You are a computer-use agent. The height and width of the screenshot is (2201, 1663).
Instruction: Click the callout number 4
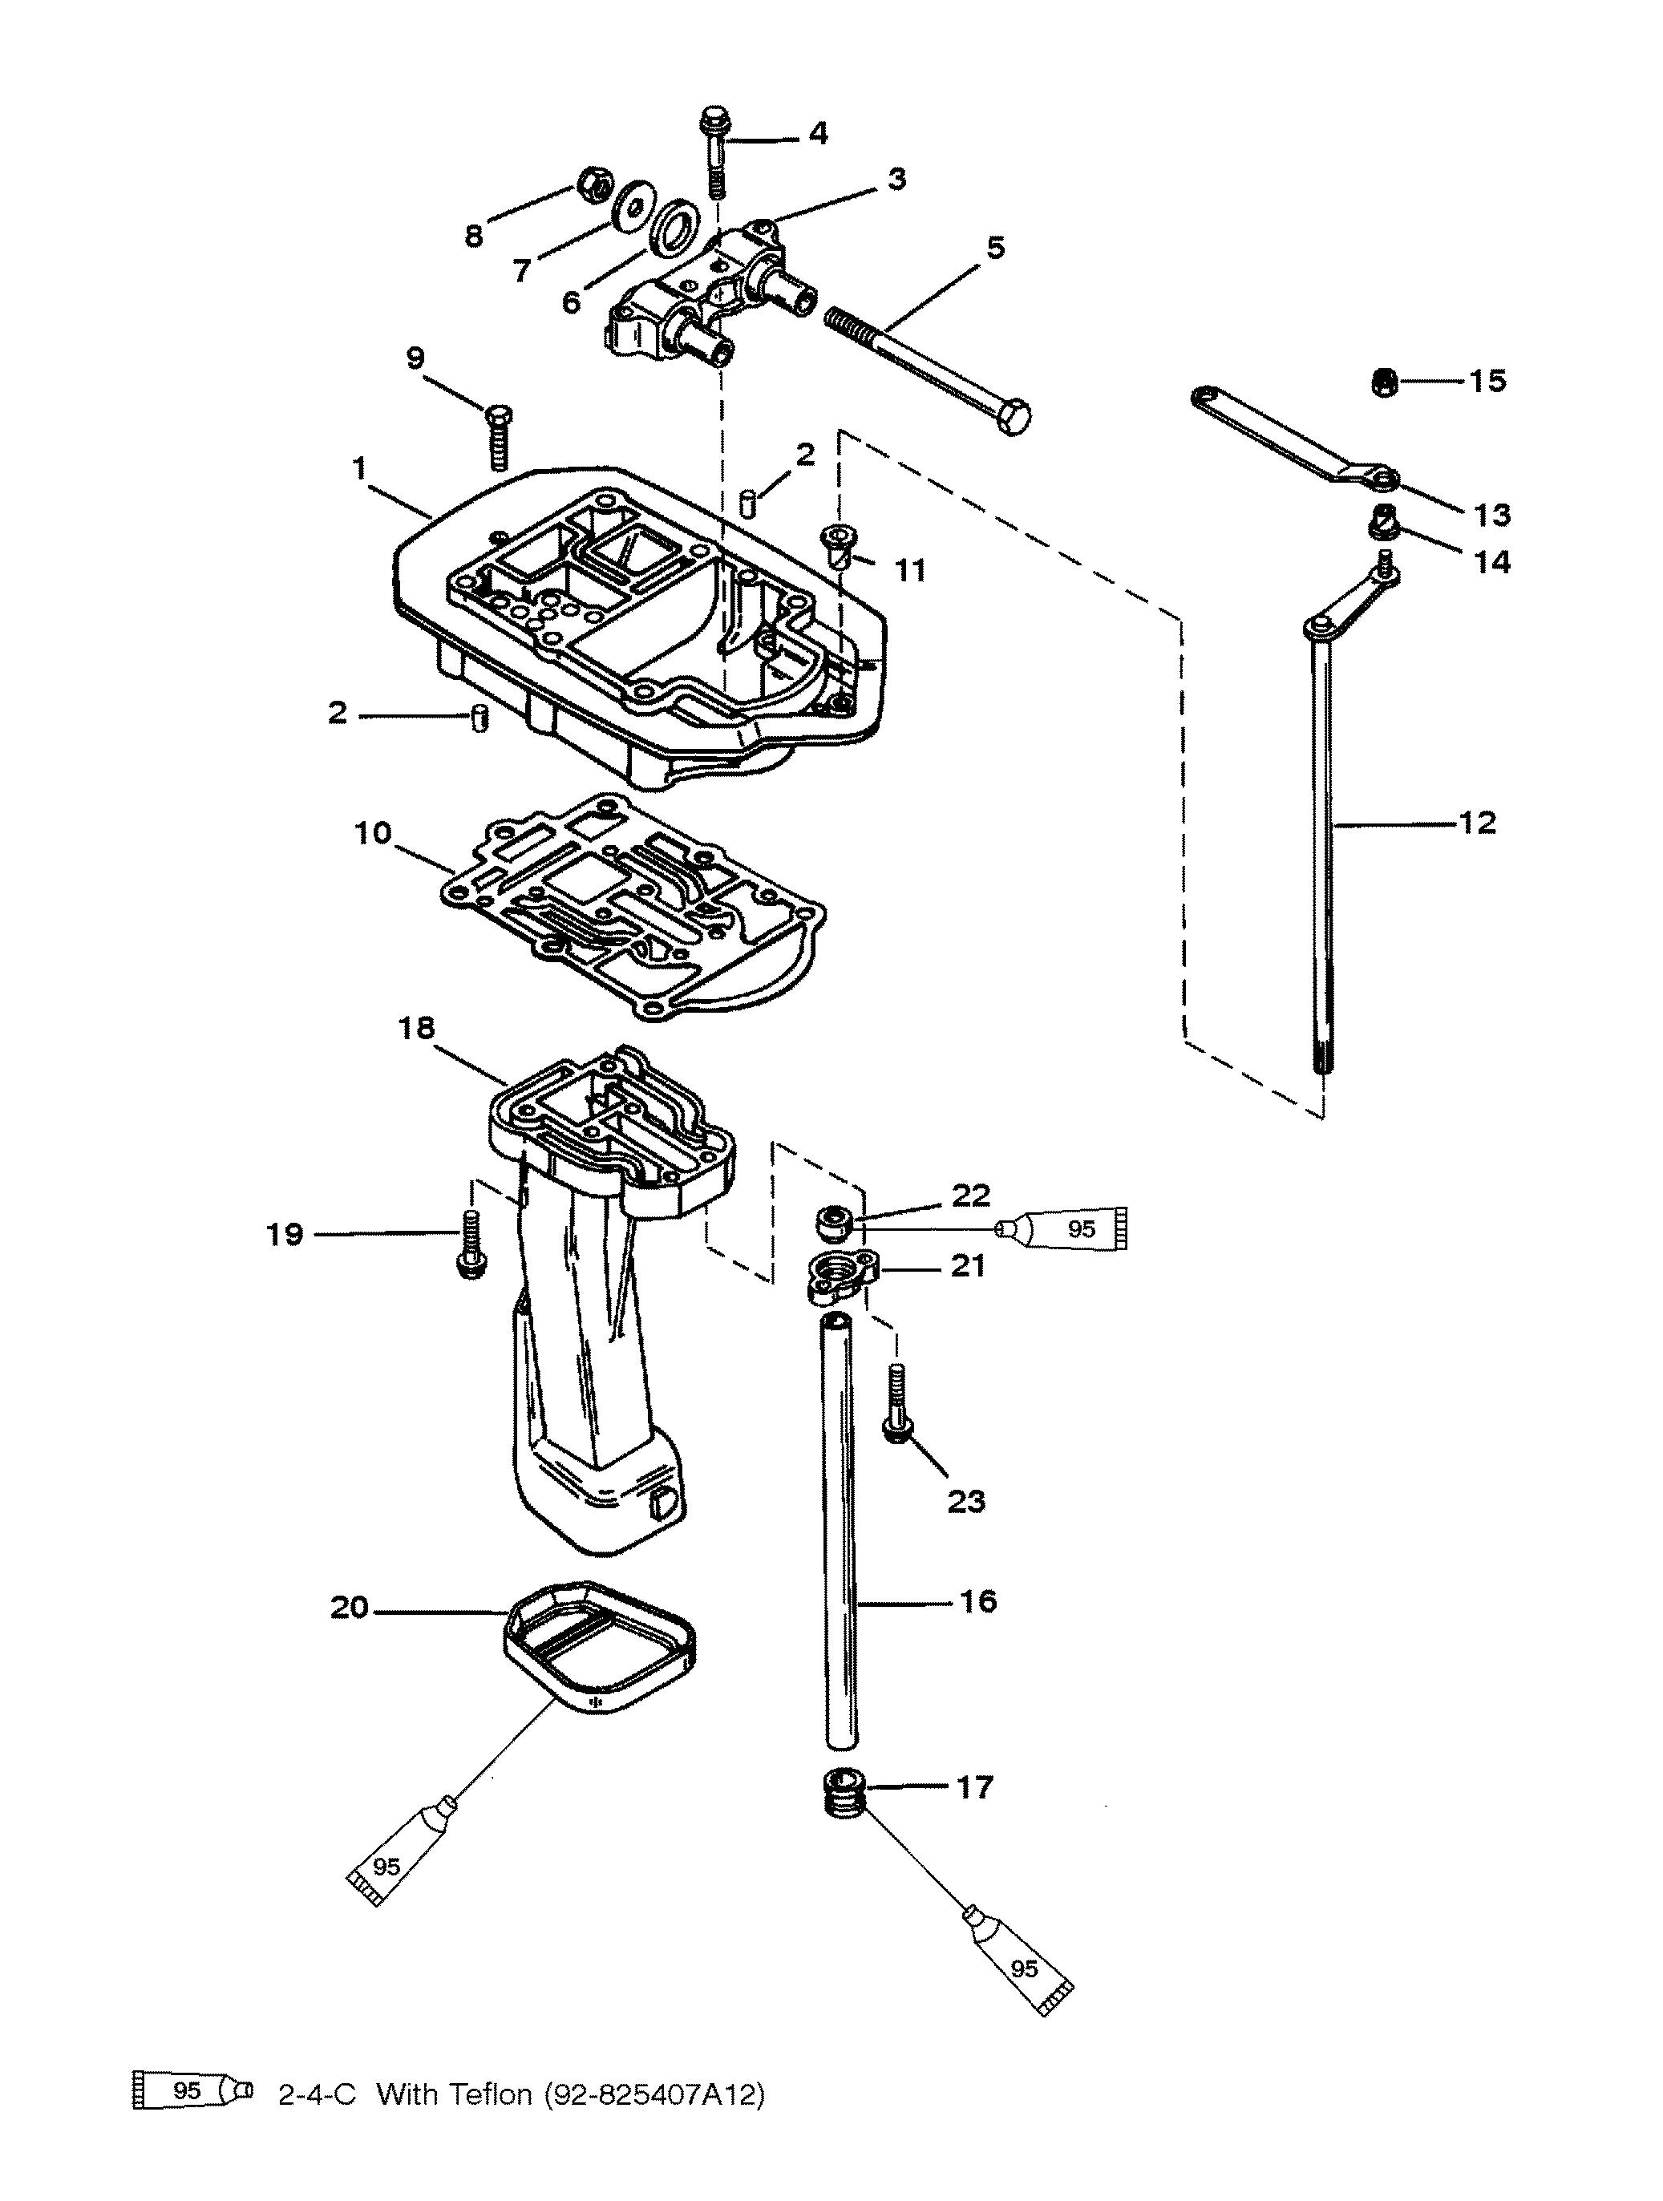coord(817,133)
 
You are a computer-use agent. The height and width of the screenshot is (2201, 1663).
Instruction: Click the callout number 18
coord(417,1028)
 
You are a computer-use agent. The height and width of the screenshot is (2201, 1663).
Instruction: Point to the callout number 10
coord(373,833)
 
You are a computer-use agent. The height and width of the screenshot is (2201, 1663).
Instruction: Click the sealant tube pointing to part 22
coord(1066,1229)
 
